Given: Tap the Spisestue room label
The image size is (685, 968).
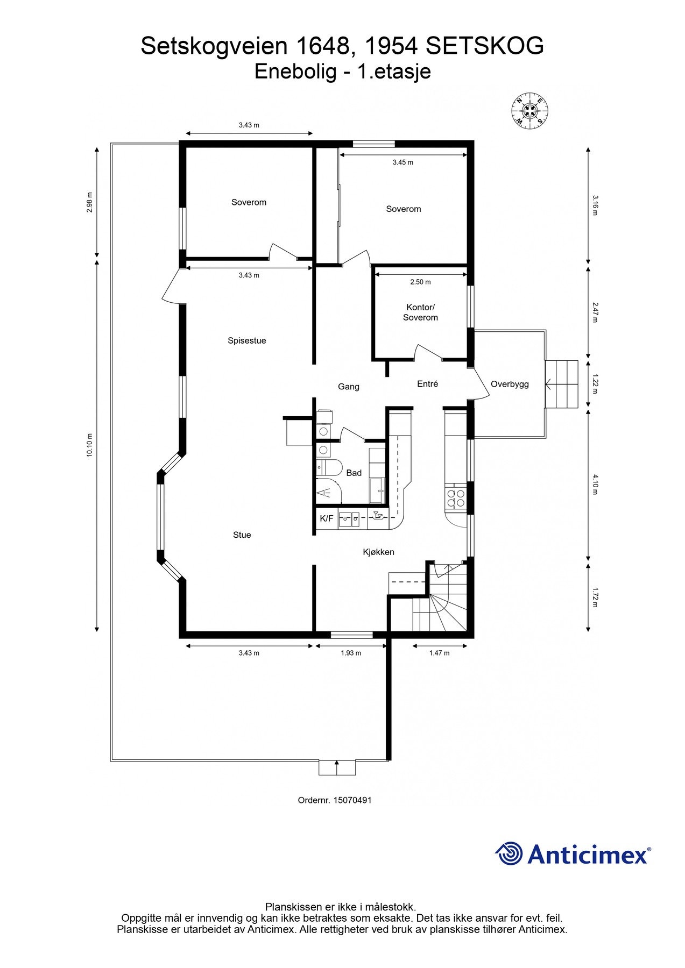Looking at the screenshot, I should (246, 340).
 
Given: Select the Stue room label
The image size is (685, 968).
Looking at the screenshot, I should (242, 535).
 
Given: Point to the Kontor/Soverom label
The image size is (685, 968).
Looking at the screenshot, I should (420, 312).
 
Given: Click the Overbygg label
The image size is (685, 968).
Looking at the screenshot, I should (510, 384).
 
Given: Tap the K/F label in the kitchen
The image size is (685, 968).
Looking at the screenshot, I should (326, 518).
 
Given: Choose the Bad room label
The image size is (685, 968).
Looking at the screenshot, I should (354, 473).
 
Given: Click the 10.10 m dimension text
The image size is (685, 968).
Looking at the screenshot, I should (90, 445).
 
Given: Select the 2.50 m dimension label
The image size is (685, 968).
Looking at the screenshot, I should (420, 282).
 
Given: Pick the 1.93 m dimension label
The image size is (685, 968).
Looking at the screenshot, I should (351, 653).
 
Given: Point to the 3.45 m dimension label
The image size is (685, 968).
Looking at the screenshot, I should (402, 162).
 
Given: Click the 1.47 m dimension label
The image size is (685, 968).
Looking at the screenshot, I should (439, 653).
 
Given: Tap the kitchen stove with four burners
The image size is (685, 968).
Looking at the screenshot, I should (456, 498).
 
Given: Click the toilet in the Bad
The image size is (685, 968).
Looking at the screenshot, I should (329, 468).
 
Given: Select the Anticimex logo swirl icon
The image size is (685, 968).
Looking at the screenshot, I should (509, 853).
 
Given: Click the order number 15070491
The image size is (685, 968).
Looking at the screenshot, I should (352, 800).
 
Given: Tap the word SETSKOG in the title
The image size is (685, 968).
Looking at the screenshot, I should (485, 47).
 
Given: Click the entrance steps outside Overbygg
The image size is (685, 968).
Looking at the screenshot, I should (561, 385).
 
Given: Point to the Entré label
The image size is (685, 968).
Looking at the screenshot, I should (427, 384).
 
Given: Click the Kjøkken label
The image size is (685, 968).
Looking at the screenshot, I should (378, 552).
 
